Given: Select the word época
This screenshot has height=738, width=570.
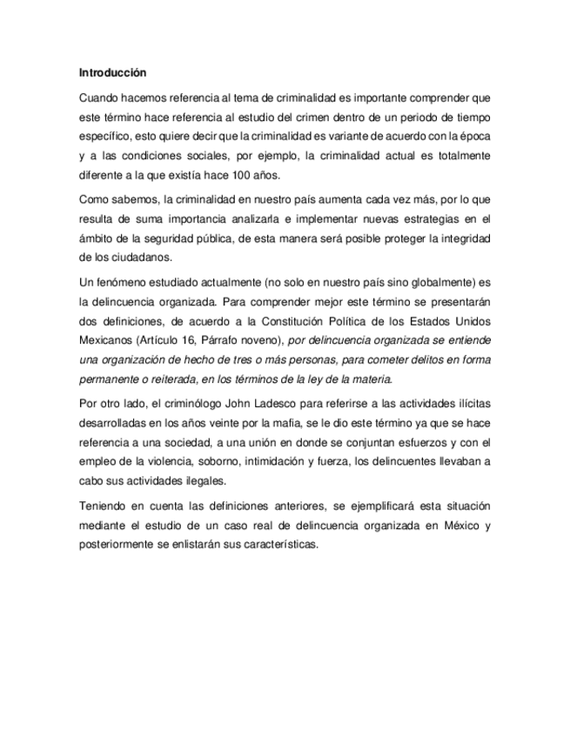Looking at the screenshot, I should tap(474, 135).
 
